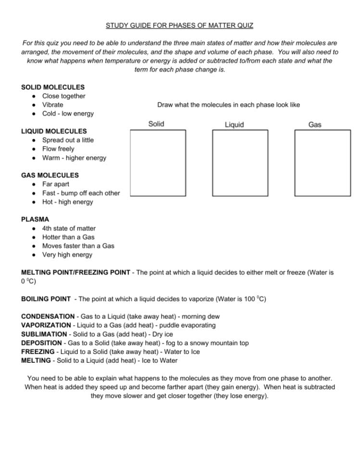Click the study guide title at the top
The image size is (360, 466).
[x=180, y=25]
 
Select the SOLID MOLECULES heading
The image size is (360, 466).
[x=53, y=87]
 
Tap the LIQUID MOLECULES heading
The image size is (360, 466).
[x=54, y=131]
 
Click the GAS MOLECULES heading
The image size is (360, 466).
[x=50, y=175]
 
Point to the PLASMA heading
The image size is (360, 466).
[x=35, y=220]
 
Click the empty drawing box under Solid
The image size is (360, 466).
[x=158, y=163]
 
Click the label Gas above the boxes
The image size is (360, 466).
[x=315, y=124]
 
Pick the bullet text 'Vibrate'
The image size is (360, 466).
[x=52, y=105]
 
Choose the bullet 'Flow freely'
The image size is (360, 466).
[x=58, y=149]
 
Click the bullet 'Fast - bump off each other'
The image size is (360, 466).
[x=81, y=193]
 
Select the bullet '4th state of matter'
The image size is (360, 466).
[x=69, y=228]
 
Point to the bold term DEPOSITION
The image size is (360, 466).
[x=42, y=343]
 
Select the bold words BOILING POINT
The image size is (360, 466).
[x=46, y=299]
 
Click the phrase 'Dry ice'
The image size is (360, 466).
[x=162, y=334]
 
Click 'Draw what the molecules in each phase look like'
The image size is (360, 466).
[x=228, y=105]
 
